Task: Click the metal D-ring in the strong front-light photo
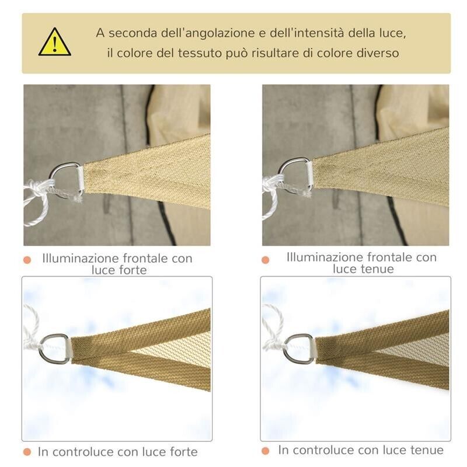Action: coord(68,179)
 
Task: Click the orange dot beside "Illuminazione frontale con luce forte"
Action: coord(27,260)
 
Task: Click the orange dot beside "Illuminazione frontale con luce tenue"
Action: coord(266,259)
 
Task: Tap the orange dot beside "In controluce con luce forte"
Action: coord(26,452)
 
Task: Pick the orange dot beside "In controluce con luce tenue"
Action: coord(266,451)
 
